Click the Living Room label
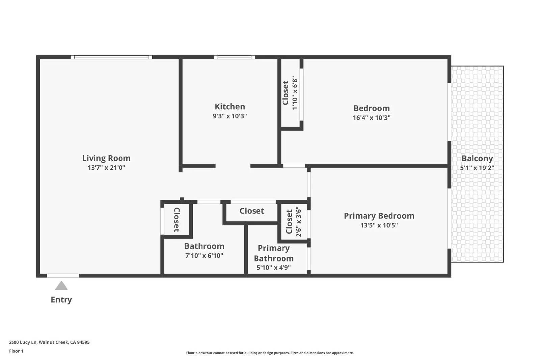coord(106,158)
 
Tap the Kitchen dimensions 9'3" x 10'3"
coord(230,116)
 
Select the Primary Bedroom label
coord(379,216)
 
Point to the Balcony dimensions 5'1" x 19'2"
coord(477,168)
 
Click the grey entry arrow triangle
coord(61,286)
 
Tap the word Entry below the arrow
coord(61,300)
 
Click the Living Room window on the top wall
coord(111,57)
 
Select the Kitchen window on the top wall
coord(234,57)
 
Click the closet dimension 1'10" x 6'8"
coord(295,93)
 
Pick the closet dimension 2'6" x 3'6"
coord(298,222)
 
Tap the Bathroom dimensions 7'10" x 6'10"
coord(204,255)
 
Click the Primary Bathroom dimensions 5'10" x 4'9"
coord(274,268)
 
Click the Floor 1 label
coord(16,351)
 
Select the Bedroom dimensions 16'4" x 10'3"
coord(372,118)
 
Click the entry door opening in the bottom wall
coord(63,276)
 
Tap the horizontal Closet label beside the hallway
coord(252,211)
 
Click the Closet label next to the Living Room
coord(177,220)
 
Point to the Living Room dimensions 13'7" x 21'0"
coord(106,168)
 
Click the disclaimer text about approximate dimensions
coord(270,353)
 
